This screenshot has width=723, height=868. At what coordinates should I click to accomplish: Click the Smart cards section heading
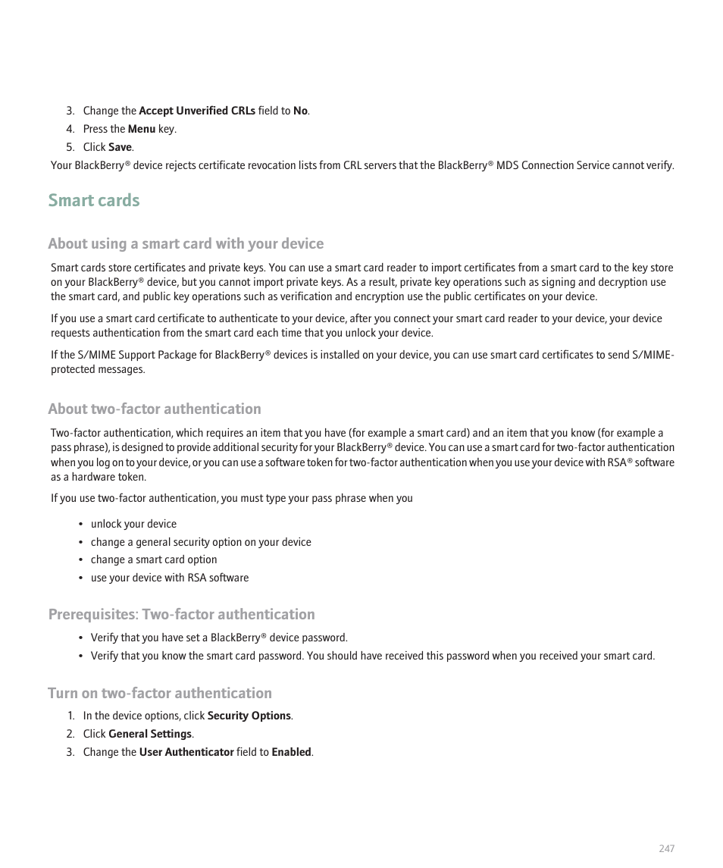[x=94, y=200]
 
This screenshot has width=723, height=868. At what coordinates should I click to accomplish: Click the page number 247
[x=666, y=848]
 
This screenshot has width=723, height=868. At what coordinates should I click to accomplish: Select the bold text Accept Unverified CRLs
[x=197, y=111]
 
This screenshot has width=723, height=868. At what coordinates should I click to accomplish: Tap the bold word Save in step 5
[x=120, y=147]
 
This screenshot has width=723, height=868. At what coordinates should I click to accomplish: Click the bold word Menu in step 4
[x=142, y=129]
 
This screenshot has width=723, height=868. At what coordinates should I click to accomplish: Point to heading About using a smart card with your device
[x=186, y=243]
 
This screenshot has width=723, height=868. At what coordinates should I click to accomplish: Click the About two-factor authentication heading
[x=155, y=409]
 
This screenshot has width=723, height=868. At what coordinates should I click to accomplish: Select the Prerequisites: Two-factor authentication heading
[x=181, y=614]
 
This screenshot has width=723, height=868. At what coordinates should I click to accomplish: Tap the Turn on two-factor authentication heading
[x=160, y=693]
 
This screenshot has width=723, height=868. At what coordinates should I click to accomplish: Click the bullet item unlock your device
[x=133, y=524]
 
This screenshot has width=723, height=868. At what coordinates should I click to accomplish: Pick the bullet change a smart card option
[x=154, y=559]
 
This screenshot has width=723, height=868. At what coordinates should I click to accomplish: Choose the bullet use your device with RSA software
[x=170, y=578]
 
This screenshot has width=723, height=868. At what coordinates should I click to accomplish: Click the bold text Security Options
[x=249, y=716]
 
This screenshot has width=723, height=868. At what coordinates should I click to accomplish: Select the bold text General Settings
[x=150, y=734]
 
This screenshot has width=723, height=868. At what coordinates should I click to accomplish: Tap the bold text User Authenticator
[x=186, y=752]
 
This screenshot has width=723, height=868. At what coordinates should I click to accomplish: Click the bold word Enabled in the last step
[x=292, y=752]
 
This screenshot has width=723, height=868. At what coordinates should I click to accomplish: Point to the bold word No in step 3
[x=300, y=111]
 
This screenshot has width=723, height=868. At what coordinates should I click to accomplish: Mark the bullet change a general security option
[x=201, y=542]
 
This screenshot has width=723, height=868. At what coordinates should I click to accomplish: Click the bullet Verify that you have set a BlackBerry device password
[x=219, y=638]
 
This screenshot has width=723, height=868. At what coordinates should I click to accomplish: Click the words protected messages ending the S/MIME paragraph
[x=98, y=369]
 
